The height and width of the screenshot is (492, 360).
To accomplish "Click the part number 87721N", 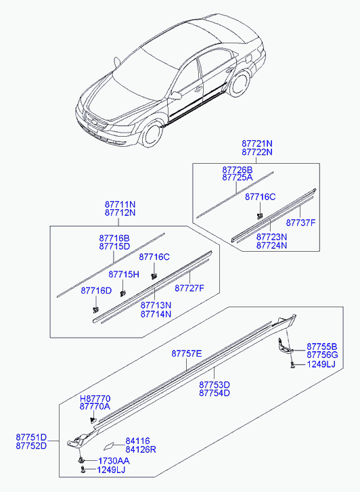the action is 257,143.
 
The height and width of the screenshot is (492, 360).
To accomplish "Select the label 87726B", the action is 238,170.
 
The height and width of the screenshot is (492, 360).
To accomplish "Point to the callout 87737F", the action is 300,223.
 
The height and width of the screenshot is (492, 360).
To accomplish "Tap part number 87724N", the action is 271,246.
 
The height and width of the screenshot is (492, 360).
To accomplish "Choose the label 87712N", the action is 120,213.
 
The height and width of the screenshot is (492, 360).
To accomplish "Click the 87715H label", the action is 124,275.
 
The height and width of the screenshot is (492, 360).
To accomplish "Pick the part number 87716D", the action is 96,290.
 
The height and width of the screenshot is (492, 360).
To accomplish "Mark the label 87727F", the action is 189,288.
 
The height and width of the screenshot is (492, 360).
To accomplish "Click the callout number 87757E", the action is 187,354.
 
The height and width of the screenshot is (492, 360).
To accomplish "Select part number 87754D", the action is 215,393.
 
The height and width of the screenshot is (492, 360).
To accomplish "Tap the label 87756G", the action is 322,355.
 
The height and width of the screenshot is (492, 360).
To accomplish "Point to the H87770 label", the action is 95,399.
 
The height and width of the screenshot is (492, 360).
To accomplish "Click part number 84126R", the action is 141,449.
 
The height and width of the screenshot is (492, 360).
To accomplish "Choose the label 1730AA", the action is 114,461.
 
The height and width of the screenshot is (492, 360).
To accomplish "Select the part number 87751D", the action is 31,437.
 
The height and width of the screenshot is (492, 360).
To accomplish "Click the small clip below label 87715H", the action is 122,294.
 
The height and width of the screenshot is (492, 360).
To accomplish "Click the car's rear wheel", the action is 240,84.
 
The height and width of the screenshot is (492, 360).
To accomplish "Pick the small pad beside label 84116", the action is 108,446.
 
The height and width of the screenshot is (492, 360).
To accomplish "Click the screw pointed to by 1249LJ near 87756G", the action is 292,365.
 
